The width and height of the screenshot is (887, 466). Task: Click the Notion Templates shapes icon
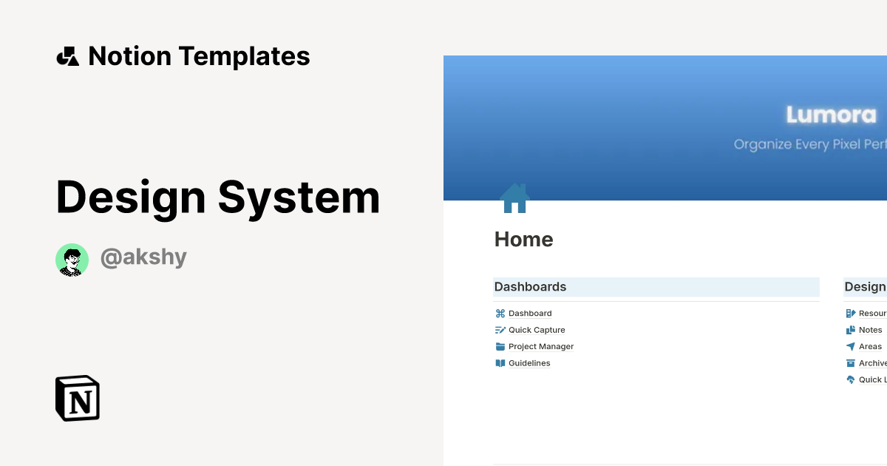68,57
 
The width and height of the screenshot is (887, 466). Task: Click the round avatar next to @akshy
72,260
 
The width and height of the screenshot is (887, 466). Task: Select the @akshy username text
143,257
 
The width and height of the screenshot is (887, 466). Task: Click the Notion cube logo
78,398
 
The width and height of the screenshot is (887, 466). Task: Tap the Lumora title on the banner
831,115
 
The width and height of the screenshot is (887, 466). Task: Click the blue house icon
514,198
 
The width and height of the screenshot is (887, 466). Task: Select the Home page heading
523,240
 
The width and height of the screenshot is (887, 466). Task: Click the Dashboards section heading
530,287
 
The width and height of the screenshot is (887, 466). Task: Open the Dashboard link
530,314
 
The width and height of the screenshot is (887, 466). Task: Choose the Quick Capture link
537,330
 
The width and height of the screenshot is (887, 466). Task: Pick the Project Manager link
541,346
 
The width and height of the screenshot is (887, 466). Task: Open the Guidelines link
529,363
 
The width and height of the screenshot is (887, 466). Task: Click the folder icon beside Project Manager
500,346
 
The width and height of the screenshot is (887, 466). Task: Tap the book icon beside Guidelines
500,363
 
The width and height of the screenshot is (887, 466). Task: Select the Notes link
870,330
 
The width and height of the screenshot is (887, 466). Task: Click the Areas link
870,346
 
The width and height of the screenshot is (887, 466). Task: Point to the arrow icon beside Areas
851,346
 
